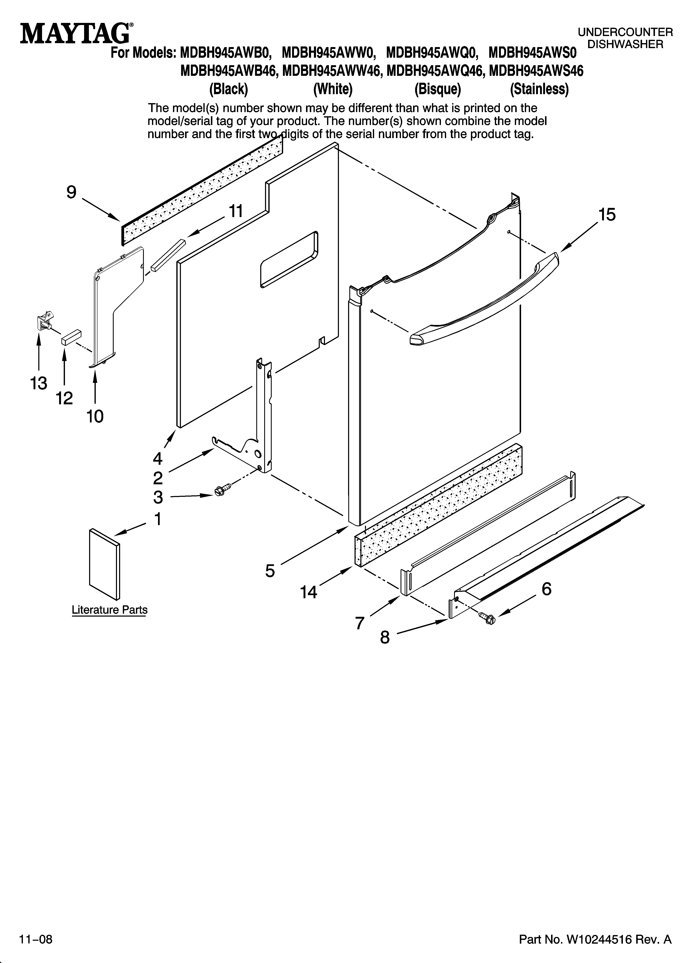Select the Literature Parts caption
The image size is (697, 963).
[110, 610]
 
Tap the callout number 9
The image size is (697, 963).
[71, 192]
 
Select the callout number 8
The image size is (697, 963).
[385, 637]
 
